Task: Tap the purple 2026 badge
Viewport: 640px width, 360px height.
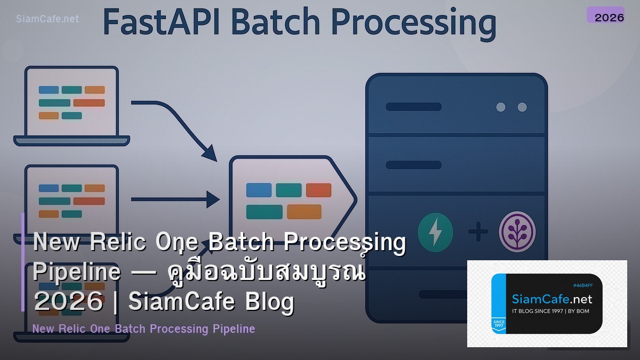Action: (605, 15)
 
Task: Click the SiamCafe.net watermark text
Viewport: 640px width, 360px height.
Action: (47, 19)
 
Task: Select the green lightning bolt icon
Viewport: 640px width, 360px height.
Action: (435, 232)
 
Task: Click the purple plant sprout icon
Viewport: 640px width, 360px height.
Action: (517, 232)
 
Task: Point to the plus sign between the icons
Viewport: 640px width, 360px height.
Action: (478, 232)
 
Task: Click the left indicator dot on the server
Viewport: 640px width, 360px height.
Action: (501, 107)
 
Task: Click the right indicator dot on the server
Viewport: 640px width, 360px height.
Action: (522, 107)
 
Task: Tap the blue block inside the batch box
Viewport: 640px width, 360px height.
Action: (259, 190)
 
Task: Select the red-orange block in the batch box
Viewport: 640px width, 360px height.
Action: (318, 190)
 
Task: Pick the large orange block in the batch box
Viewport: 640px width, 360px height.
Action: (304, 212)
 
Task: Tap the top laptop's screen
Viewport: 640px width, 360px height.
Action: (71, 101)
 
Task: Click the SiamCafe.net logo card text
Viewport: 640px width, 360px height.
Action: (551, 299)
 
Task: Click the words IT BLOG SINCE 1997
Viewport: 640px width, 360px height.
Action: (535, 311)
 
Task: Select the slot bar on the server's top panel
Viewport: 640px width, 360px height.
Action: (413, 107)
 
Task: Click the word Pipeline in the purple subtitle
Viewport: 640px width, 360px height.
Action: (234, 329)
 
